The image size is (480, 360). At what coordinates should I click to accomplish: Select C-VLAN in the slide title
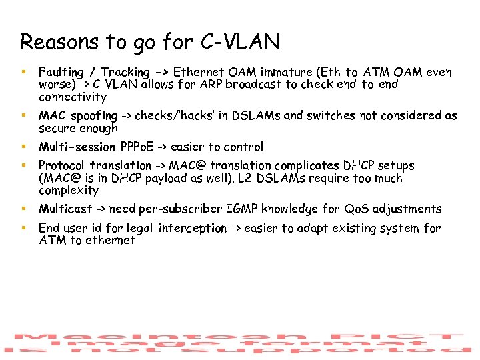[240, 42]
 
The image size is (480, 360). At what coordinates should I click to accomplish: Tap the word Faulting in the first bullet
[61, 72]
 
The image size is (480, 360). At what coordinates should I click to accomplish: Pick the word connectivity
[72, 97]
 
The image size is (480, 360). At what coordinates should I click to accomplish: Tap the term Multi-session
[75, 147]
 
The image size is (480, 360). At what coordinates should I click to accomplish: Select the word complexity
[68, 191]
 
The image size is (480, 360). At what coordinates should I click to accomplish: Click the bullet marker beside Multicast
[23, 209]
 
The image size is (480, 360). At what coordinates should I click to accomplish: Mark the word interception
[193, 229]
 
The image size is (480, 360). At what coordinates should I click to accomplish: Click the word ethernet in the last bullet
[109, 241]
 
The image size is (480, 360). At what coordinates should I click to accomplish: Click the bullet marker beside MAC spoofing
[23, 116]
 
